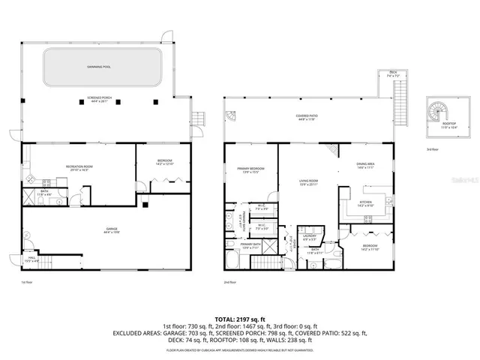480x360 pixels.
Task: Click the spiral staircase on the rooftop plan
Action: click(436, 114)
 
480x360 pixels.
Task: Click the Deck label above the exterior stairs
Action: click(392, 74)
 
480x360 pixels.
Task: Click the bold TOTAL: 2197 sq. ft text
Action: click(239, 317)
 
